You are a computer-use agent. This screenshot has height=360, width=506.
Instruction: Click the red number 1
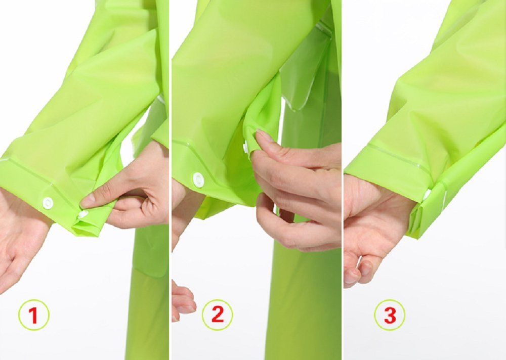(x=33, y=315)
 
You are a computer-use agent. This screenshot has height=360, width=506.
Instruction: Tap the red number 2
(x=218, y=314)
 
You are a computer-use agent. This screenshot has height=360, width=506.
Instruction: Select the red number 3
(x=390, y=315)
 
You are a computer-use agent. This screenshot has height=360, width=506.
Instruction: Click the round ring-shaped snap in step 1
(x=48, y=203)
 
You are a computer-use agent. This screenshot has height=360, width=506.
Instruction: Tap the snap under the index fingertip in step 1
(x=82, y=214)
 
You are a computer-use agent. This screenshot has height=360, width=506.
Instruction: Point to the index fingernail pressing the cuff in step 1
(x=87, y=201)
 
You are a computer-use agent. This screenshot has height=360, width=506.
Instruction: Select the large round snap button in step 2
(x=198, y=179)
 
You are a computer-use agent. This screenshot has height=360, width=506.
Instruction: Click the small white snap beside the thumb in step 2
(x=246, y=148)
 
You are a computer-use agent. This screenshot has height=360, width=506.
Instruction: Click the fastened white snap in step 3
(x=427, y=195)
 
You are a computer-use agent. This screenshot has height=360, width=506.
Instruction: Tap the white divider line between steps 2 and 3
(x=343, y=180)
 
